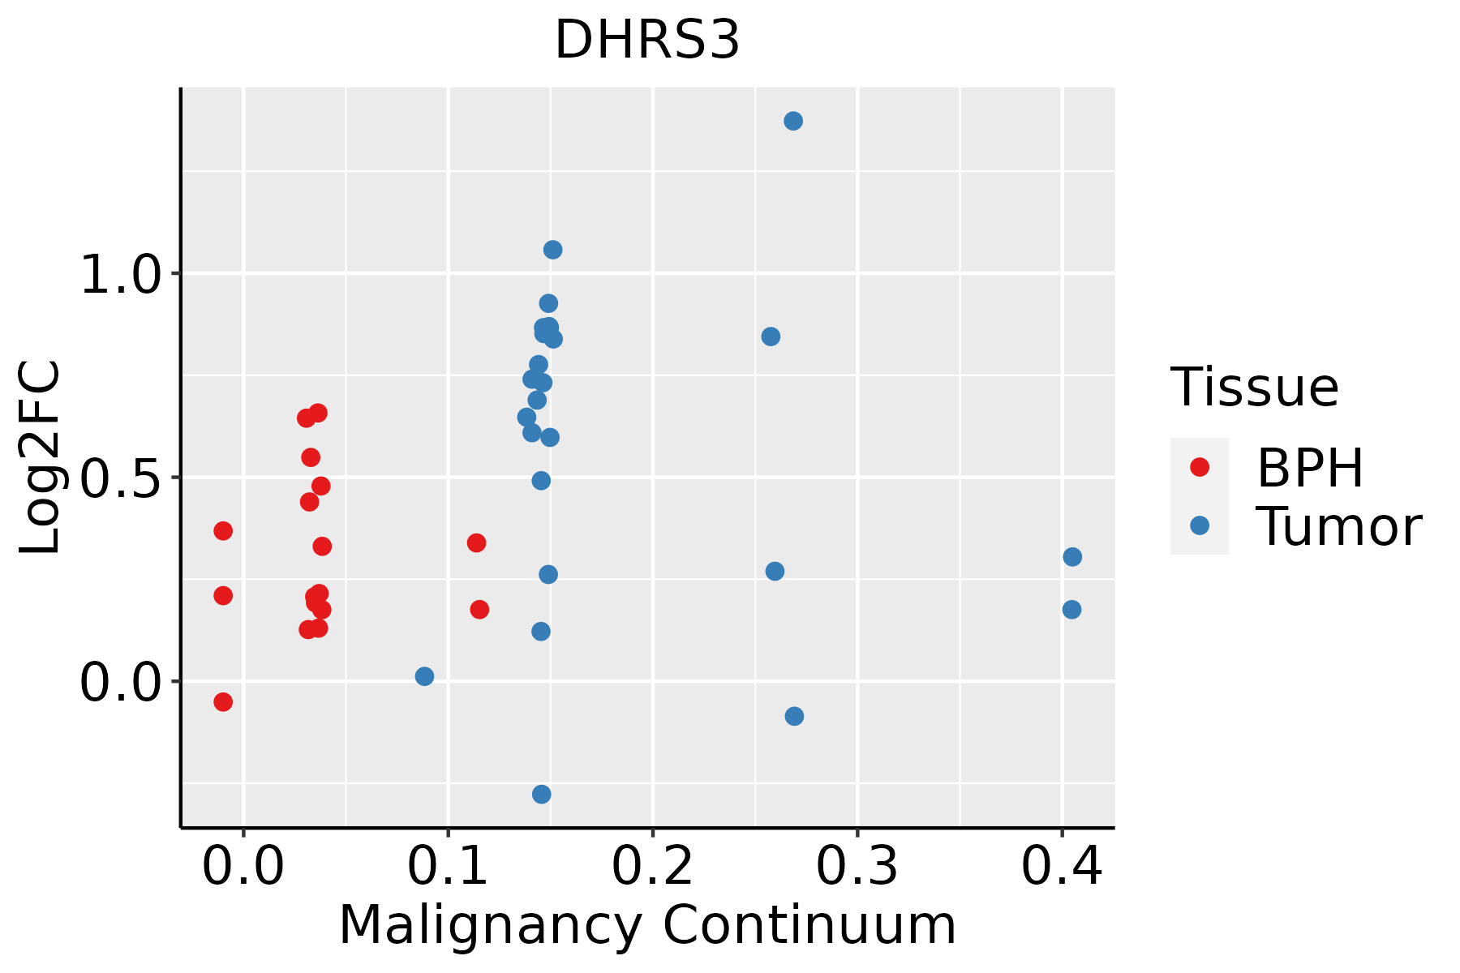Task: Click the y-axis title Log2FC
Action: [x=41, y=457]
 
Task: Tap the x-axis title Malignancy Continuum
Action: [x=646, y=925]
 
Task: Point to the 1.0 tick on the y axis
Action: [x=121, y=276]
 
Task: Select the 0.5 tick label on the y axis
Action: [x=121, y=479]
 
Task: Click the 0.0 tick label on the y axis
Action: [x=121, y=683]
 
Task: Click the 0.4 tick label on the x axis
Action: [x=1061, y=867]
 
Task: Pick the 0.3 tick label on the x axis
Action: [x=857, y=867]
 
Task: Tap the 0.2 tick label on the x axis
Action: [x=652, y=867]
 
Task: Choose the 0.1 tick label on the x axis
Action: [x=448, y=867]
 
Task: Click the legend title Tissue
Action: [x=1255, y=388]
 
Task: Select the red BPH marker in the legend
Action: [x=1199, y=467]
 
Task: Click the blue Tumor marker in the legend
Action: [x=1199, y=525]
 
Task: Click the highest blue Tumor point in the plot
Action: [x=793, y=121]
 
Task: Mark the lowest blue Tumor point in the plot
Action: [x=542, y=794]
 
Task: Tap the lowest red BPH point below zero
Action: [x=223, y=701]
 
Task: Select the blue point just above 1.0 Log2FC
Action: [x=552, y=250]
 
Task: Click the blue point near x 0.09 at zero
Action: [x=424, y=676]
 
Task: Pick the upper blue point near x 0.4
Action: [x=1072, y=557]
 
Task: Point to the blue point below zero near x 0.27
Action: [x=794, y=716]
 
